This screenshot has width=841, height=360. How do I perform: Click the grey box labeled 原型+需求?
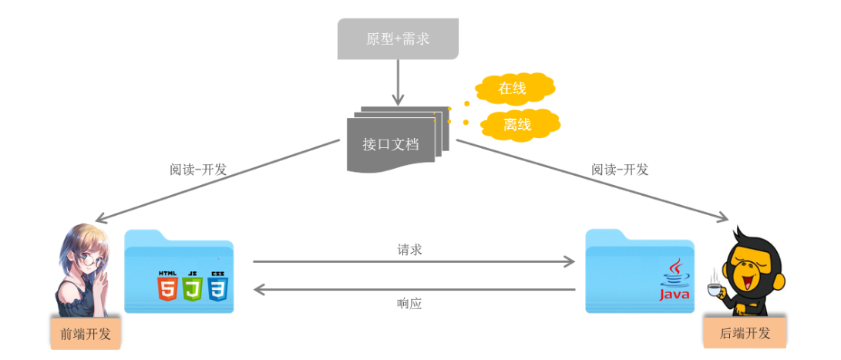[x=398, y=39]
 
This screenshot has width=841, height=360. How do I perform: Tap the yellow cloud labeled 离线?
[x=520, y=124]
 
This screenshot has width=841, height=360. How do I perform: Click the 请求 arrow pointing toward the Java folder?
[x=414, y=262]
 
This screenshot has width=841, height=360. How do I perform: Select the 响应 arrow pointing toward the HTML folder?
[x=414, y=289]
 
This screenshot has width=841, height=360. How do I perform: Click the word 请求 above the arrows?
[x=409, y=249]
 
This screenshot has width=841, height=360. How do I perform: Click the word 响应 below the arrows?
[x=409, y=304]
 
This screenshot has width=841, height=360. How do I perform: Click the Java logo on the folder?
[x=673, y=281]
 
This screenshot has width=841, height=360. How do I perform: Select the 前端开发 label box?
[x=86, y=334]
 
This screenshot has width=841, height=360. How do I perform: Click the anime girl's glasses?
[x=88, y=261]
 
